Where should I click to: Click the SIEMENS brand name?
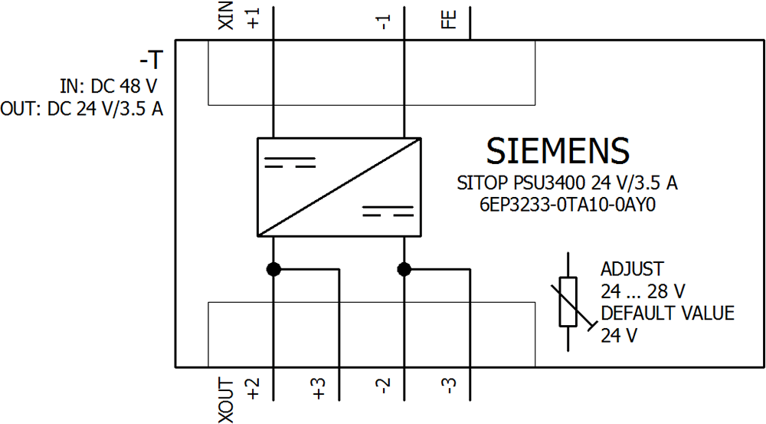pos(558,150)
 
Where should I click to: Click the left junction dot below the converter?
pos(273,269)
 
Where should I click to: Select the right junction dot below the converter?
pos(405,269)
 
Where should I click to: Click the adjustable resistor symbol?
pos(568,301)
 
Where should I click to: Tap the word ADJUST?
pos(632,270)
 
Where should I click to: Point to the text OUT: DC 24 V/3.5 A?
pos(82,109)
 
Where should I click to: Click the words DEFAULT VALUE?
pos(667,314)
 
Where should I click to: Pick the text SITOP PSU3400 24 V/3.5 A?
pos(567,184)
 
